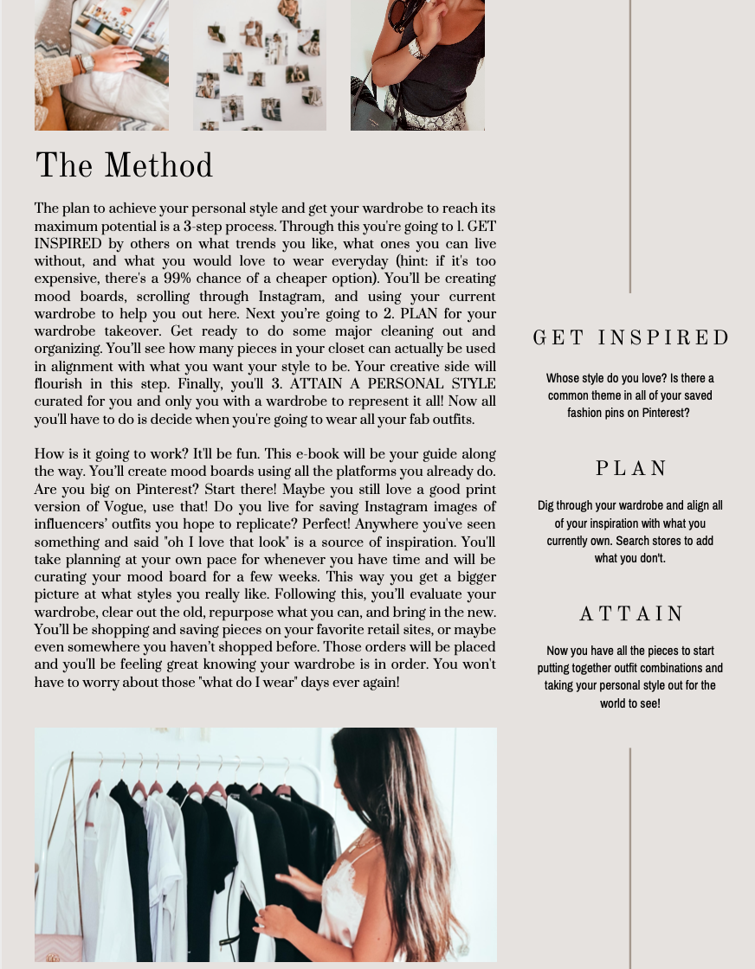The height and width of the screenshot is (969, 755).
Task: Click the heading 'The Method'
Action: pyautogui.click(x=124, y=166)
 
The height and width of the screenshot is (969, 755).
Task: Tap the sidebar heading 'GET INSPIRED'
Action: pyautogui.click(x=631, y=338)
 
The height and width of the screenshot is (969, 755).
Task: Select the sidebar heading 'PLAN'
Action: pyautogui.click(x=631, y=469)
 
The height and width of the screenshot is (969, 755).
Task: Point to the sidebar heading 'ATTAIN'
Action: pyautogui.click(x=631, y=614)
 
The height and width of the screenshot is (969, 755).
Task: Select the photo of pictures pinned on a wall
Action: pyautogui.click(x=260, y=65)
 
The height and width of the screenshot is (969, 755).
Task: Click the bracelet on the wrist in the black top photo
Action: pyautogui.click(x=416, y=49)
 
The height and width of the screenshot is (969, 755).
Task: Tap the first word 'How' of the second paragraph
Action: pyautogui.click(x=48, y=454)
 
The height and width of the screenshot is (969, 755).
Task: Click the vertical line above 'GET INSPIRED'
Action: pyautogui.click(x=630, y=147)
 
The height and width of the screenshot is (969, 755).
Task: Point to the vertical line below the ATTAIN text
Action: pyautogui.click(x=630, y=857)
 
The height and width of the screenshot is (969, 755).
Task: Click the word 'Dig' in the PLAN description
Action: pyautogui.click(x=545, y=505)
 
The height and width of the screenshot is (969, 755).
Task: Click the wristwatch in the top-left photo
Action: pyautogui.click(x=85, y=63)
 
